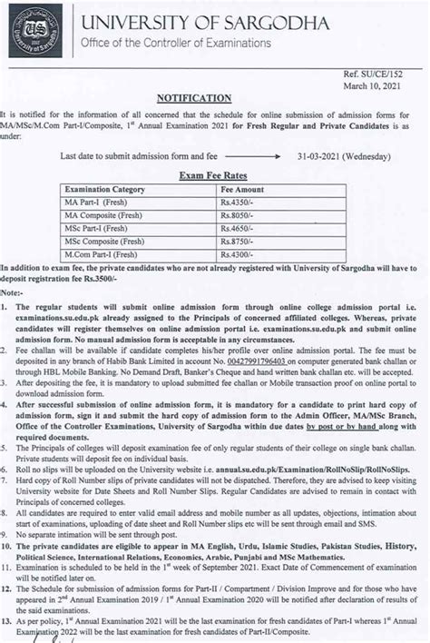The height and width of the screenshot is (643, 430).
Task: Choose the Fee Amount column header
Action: tap(242, 188)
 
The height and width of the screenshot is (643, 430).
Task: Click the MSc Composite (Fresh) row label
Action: tap(102, 243)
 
